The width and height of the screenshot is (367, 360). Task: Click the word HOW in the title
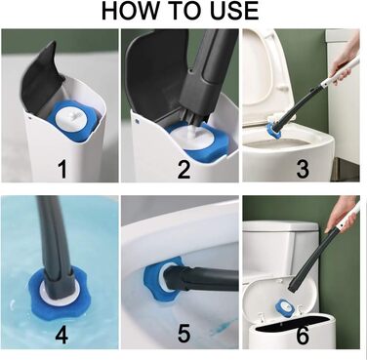[130, 11]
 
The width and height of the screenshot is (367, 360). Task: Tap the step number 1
[62, 169]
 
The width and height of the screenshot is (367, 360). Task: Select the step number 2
[183, 169]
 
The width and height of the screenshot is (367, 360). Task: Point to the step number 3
[303, 169]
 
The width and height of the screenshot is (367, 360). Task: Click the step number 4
[61, 334]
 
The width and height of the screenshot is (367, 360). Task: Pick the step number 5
[183, 334]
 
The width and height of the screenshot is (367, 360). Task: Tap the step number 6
[303, 335]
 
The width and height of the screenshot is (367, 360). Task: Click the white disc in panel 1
[72, 117]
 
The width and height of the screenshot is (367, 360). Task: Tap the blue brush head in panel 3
[274, 130]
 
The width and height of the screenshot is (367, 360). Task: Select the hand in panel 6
[342, 213]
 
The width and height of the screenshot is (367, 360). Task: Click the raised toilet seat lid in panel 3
[262, 76]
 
